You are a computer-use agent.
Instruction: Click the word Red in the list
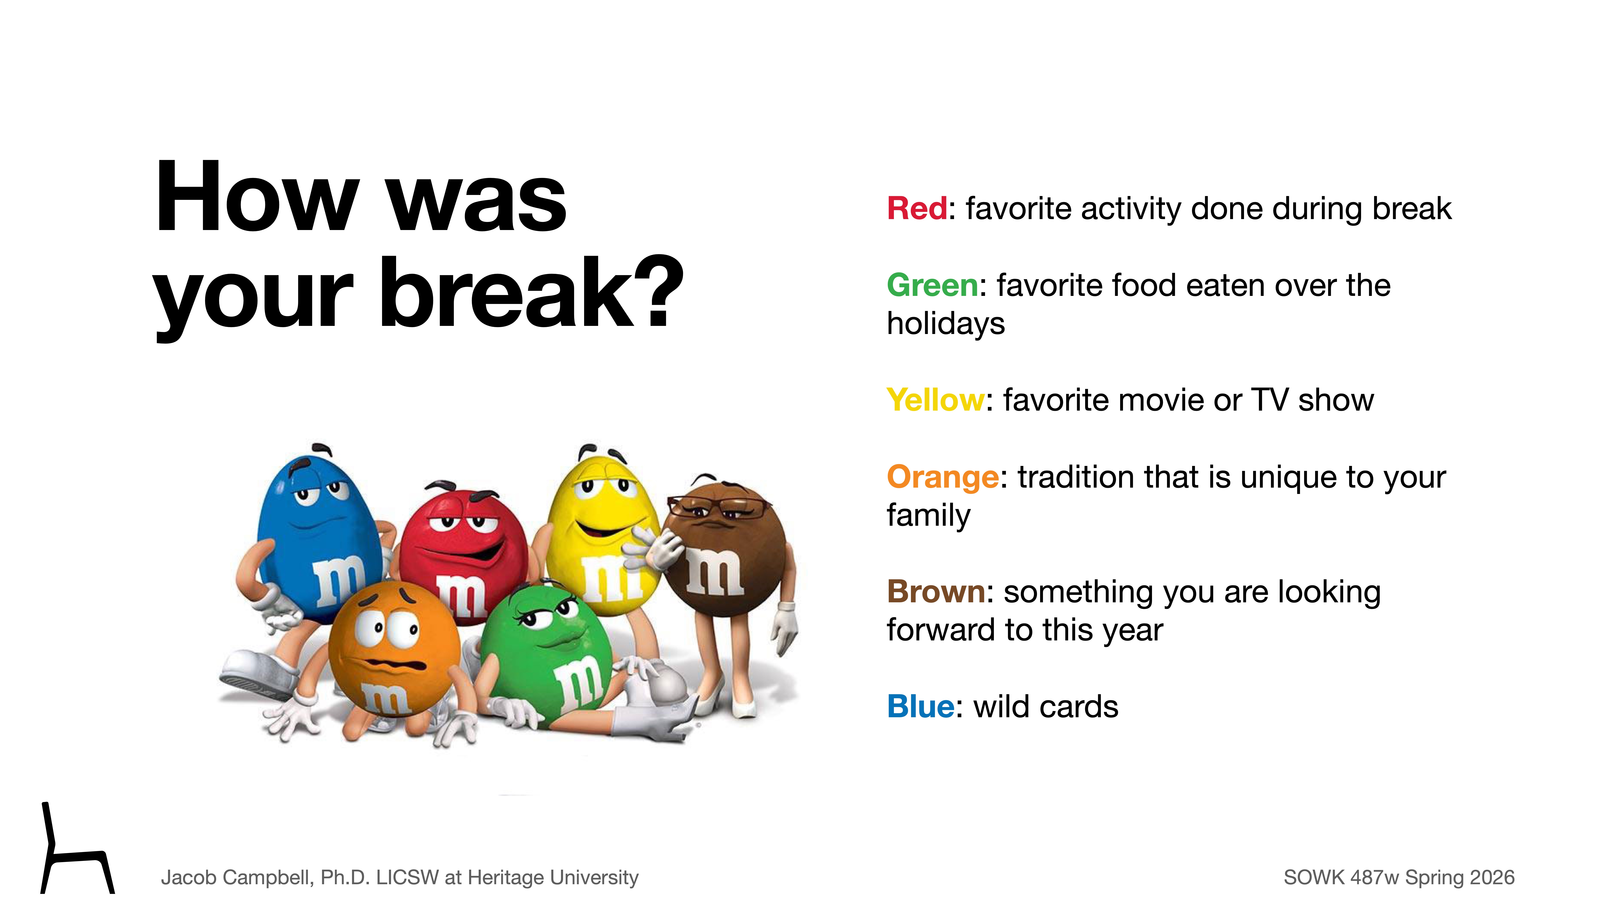pos(916,208)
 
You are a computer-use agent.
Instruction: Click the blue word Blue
pos(920,706)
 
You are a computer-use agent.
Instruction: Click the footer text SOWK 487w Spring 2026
pos(1398,877)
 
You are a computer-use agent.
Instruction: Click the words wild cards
pos(1046,706)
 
